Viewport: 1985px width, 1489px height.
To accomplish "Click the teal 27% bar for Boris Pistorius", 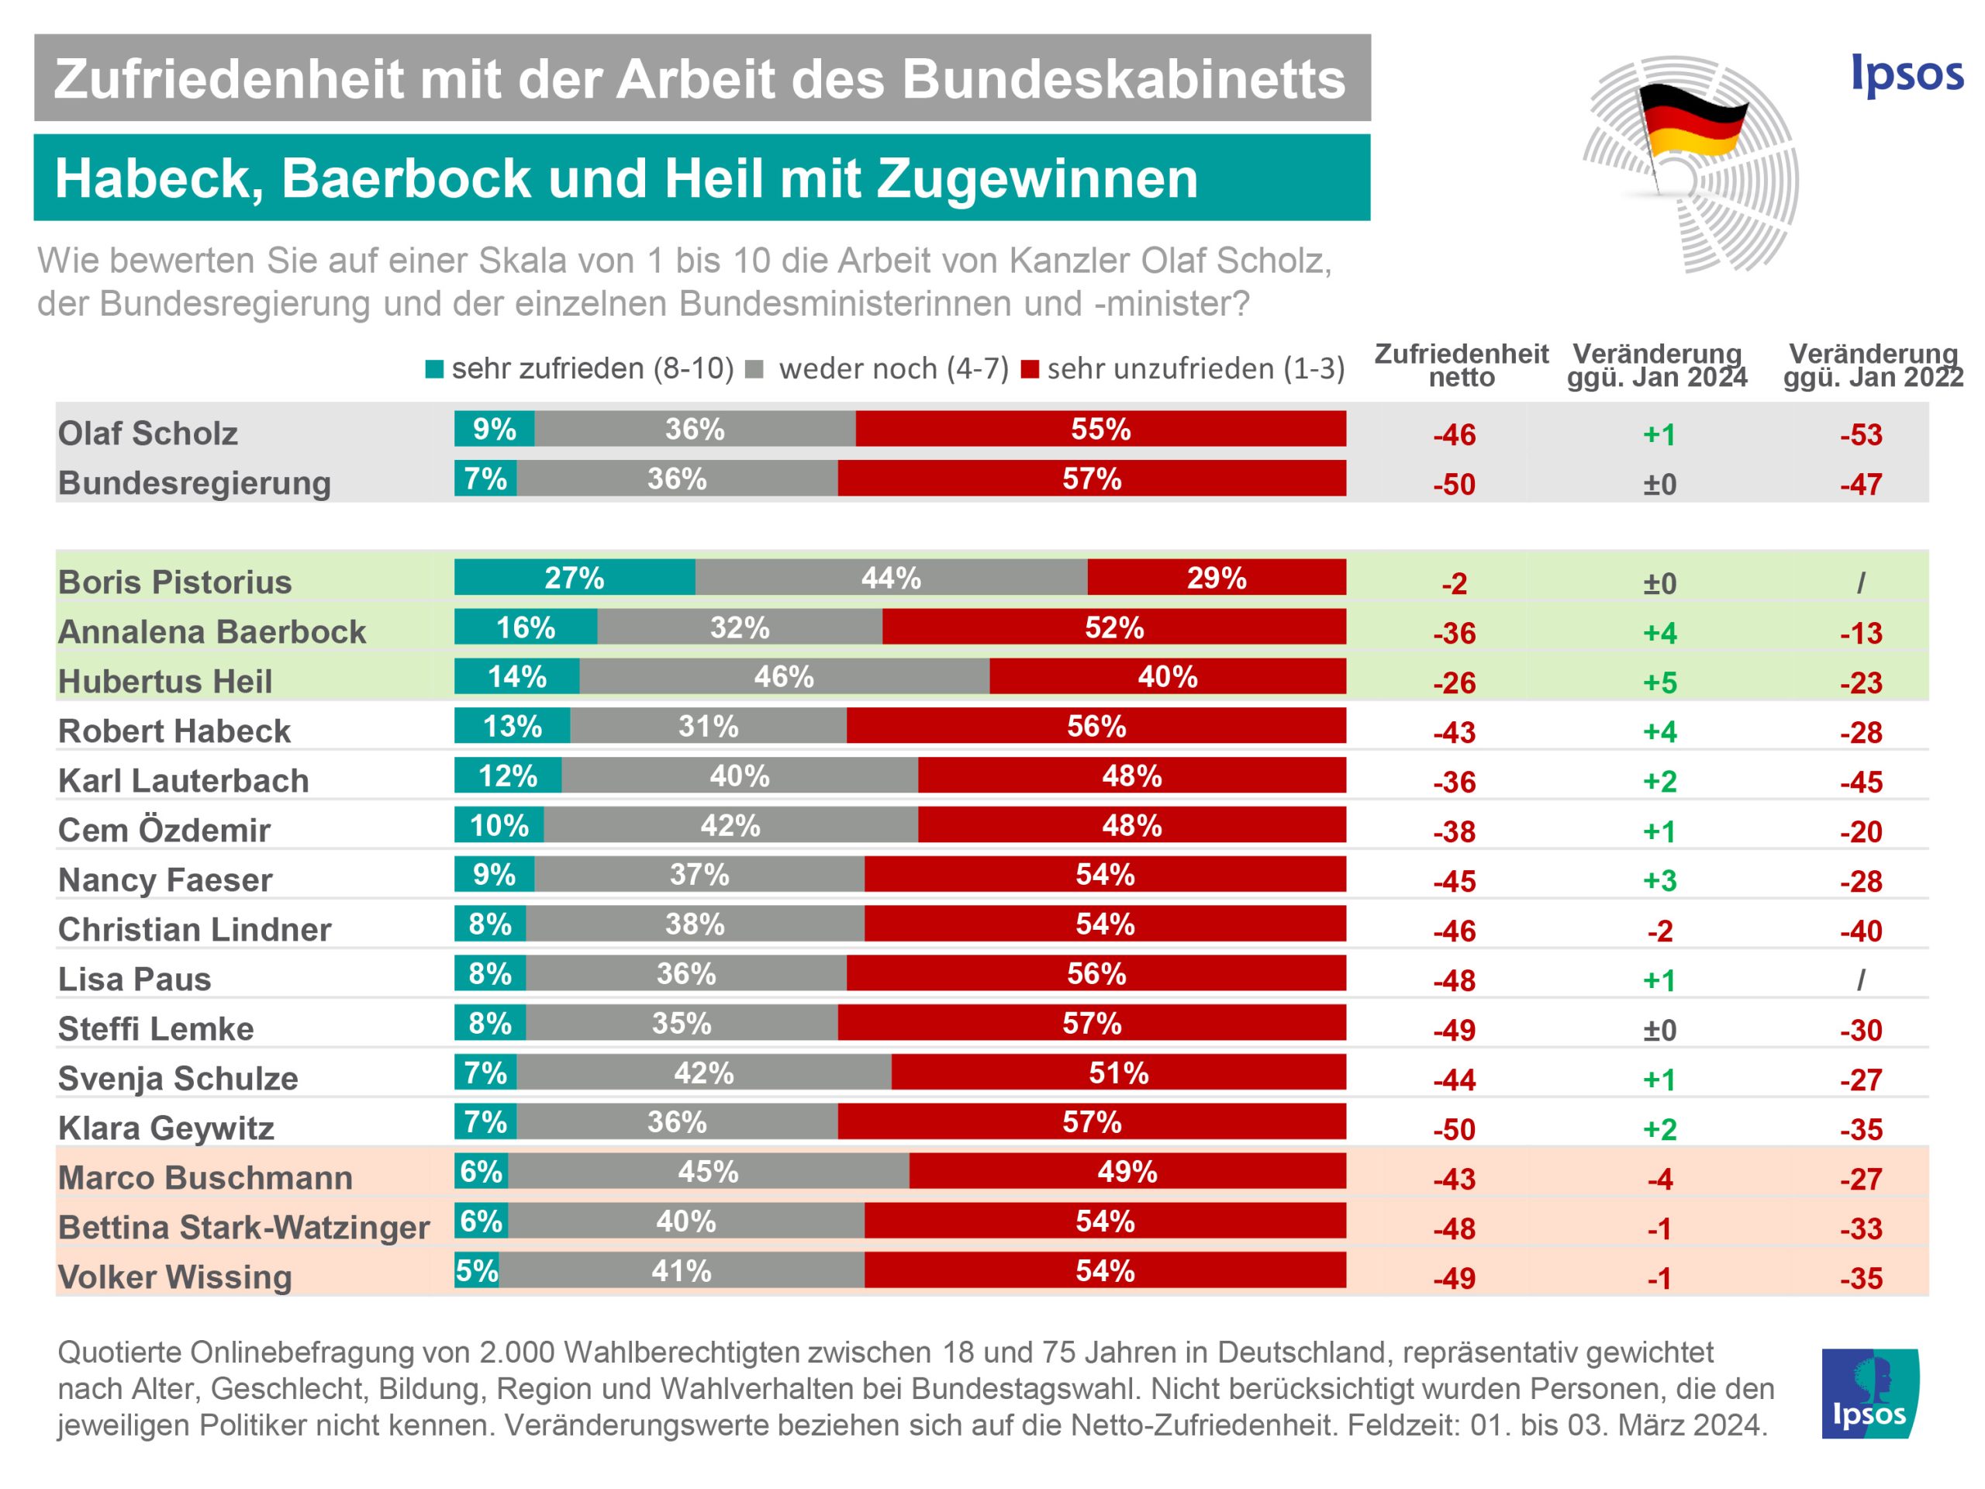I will (575, 577).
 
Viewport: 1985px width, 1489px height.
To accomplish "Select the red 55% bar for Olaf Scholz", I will (1100, 429).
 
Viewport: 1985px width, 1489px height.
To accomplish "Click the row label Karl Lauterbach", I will (183, 781).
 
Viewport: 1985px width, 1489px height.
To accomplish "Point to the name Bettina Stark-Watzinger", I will (243, 1227).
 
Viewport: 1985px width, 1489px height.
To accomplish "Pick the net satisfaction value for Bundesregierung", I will (1454, 485).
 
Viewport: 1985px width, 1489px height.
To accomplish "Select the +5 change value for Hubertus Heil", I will (1659, 683).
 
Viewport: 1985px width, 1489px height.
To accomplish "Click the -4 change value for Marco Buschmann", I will (1659, 1179).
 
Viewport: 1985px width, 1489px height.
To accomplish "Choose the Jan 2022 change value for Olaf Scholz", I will (1860, 435).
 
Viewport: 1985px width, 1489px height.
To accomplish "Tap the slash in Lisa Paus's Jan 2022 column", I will (1860, 980).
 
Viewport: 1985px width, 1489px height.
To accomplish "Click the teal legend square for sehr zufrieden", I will (434, 370).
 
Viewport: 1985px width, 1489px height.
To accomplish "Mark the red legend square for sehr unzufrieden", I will (1030, 370).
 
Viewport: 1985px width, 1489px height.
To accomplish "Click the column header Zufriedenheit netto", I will (1461, 365).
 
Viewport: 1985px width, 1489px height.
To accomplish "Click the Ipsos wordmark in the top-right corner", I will (1907, 74).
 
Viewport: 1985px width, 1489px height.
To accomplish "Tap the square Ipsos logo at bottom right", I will (1870, 1394).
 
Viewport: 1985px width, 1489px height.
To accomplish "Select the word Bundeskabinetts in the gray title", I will (1123, 79).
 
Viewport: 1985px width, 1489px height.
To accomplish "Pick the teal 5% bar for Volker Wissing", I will (477, 1270).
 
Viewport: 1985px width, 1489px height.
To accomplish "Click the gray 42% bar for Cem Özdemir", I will (730, 825).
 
